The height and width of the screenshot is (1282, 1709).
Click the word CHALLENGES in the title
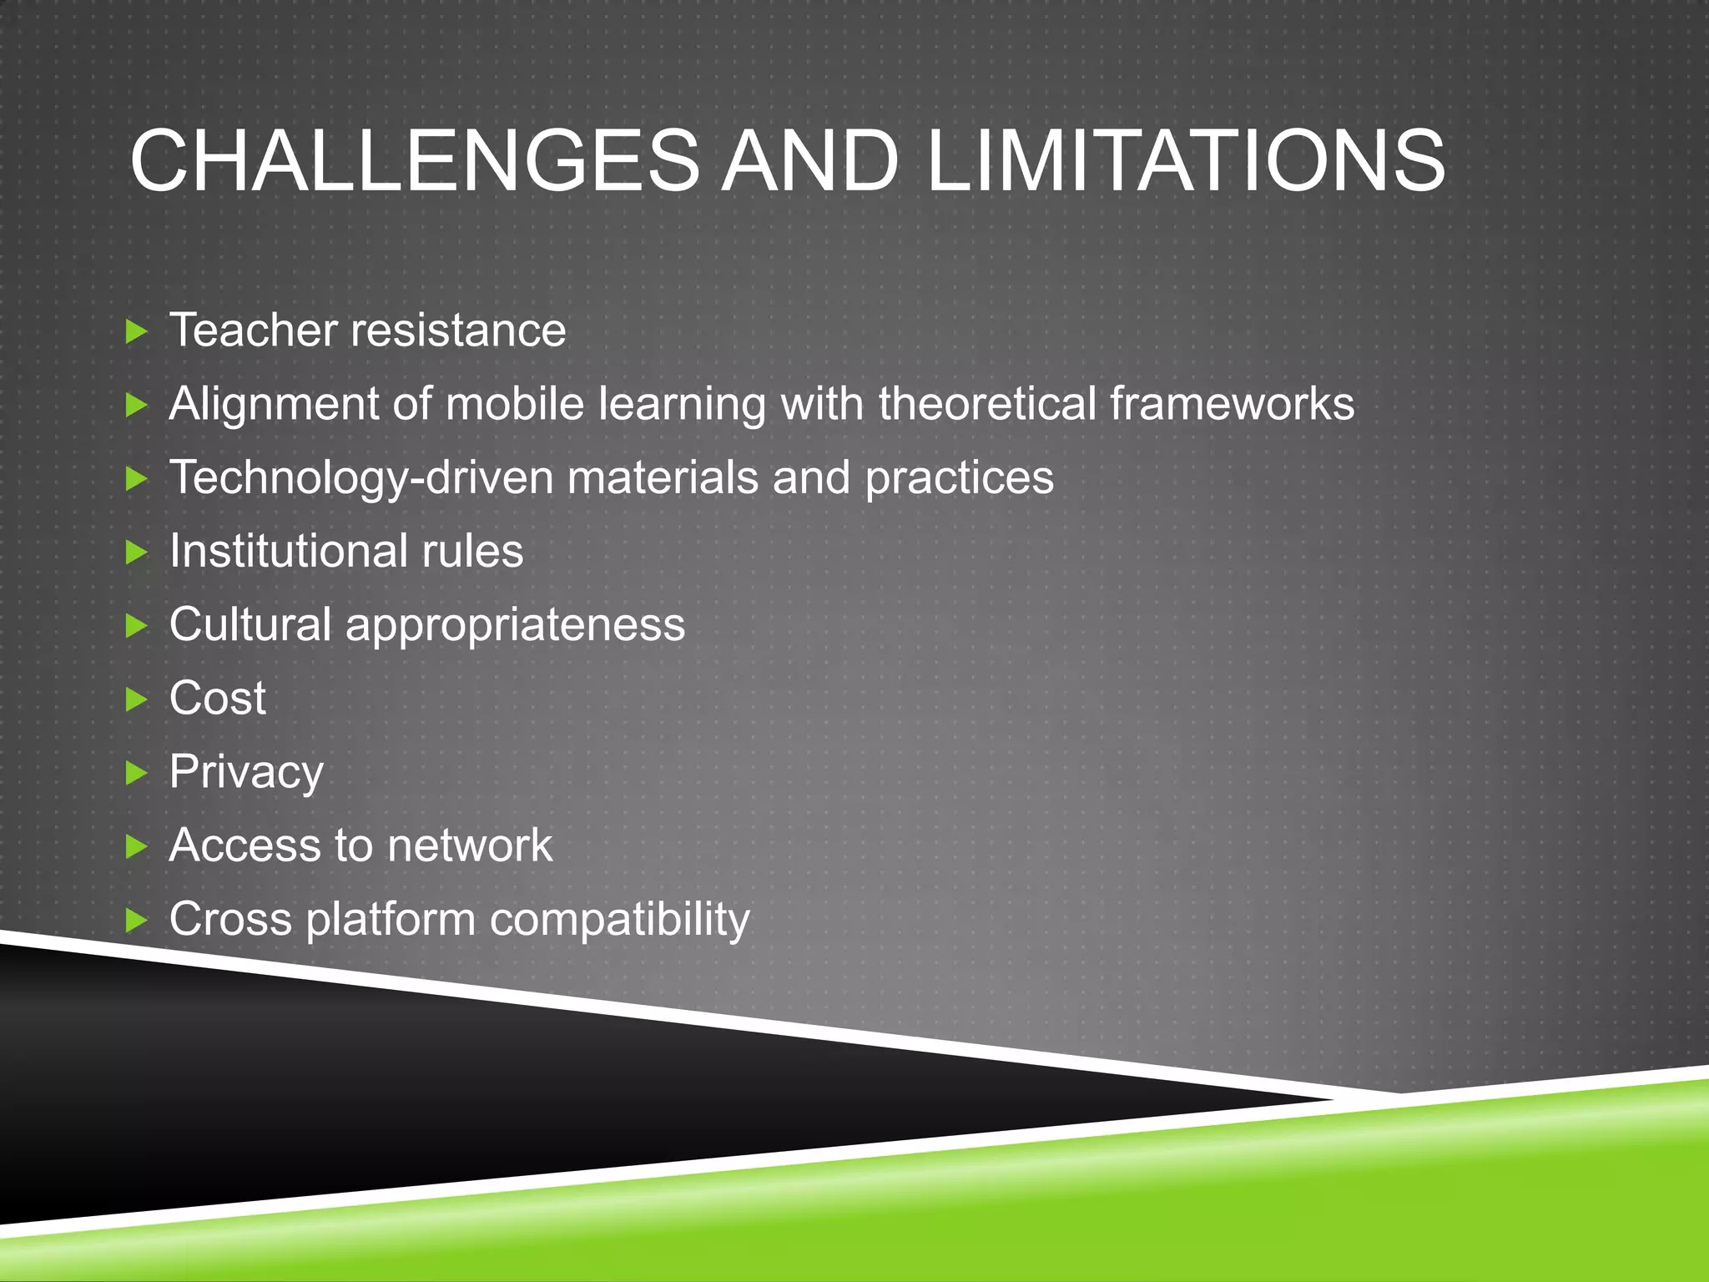[x=414, y=160]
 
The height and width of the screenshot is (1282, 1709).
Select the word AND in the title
[x=809, y=160]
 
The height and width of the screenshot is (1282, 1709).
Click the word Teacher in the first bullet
[x=252, y=330]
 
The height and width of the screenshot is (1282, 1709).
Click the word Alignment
[x=274, y=404]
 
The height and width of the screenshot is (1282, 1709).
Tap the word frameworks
[x=1232, y=404]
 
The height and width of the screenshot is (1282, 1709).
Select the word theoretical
[x=986, y=404]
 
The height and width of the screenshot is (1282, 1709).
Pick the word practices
[x=959, y=478]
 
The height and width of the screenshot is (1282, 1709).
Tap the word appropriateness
[x=515, y=626]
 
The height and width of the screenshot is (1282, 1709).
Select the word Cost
[x=218, y=698]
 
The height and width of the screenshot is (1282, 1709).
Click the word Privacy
[x=246, y=772]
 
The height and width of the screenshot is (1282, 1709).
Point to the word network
[x=469, y=845]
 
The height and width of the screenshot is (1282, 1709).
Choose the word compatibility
[x=620, y=920]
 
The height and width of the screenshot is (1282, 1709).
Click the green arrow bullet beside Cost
[x=136, y=699]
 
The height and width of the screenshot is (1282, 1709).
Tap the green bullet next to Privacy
[x=136, y=773]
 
